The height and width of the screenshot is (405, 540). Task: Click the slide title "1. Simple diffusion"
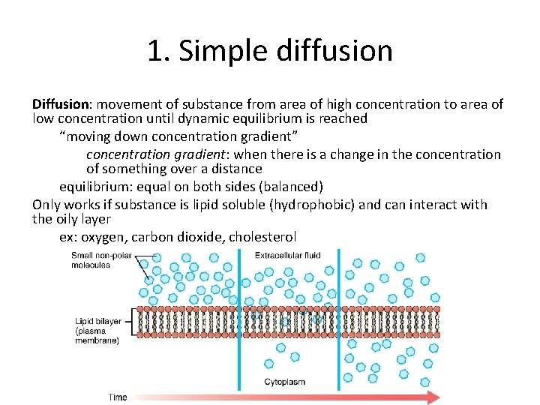[270, 51]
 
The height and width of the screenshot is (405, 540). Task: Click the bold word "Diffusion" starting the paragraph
[61, 104]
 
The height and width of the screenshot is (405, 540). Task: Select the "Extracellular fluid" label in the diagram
[287, 256]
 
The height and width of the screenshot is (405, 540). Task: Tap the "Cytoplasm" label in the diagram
[284, 382]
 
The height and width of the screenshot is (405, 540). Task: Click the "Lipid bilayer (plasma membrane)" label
[97, 331]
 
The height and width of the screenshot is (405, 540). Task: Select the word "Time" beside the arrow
[117, 397]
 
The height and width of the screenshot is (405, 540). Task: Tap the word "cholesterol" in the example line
[262, 237]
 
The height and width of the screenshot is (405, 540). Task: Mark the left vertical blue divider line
[239, 322]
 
